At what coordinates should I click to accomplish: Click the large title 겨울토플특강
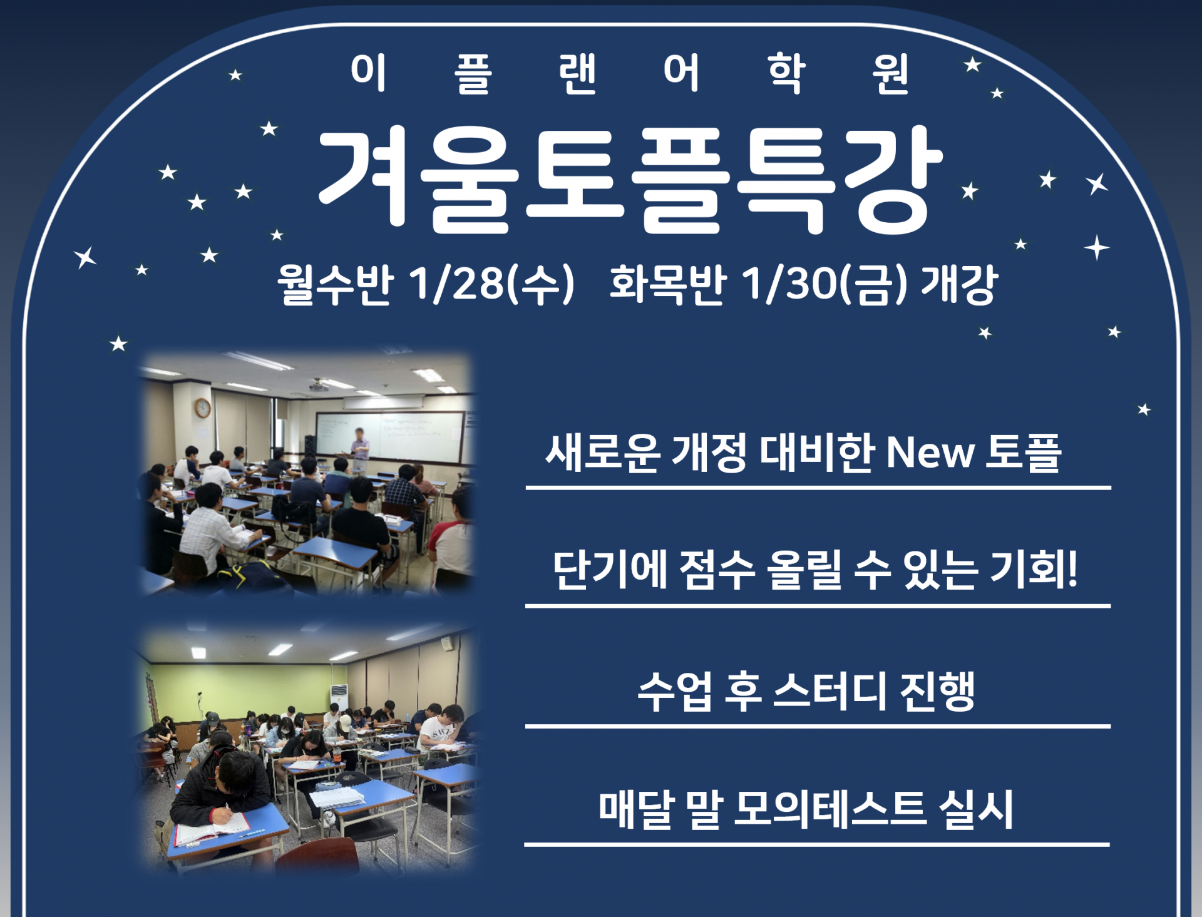[630, 179]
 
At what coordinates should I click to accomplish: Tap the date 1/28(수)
[491, 284]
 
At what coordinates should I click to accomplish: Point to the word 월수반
[335, 284]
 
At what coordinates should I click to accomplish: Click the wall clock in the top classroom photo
[202, 408]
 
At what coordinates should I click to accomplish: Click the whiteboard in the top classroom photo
[389, 436]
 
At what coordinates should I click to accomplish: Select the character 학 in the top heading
[786, 73]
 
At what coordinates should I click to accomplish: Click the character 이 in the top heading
[368, 71]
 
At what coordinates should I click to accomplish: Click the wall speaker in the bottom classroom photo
[447, 643]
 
